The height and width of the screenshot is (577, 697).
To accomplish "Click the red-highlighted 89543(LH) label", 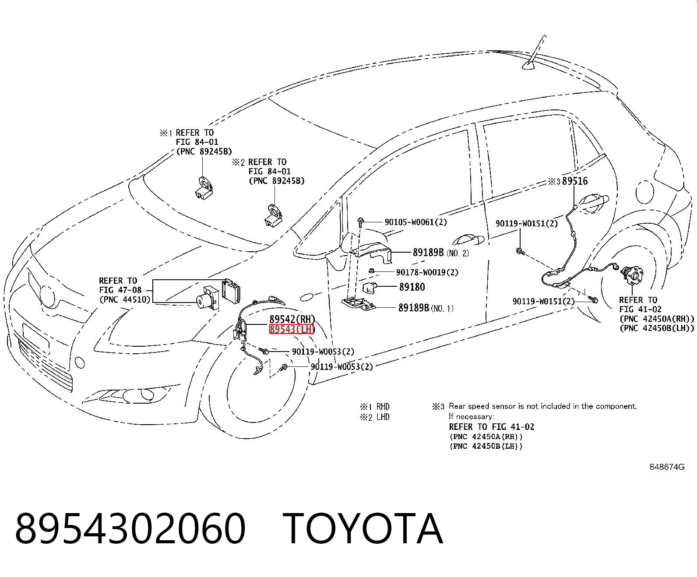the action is (x=292, y=330).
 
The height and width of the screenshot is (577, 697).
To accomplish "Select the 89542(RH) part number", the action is (x=292, y=319).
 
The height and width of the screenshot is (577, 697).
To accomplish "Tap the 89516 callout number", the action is (x=575, y=181).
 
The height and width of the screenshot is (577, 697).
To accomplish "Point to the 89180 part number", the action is (x=412, y=287).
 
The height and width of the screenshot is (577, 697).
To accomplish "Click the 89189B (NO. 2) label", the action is (x=440, y=253).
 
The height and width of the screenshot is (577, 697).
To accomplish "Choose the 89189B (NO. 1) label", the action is (x=426, y=307).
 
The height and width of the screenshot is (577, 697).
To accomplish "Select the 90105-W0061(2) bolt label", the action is (x=415, y=222).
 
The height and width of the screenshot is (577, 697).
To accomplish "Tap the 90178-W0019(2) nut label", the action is (x=427, y=272).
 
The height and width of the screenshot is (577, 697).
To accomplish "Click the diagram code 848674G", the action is (x=667, y=467).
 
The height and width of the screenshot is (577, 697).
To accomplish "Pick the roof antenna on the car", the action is (x=534, y=53).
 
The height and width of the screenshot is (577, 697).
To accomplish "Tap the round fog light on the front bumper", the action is (x=80, y=362).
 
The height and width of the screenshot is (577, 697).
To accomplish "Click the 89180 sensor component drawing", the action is (x=370, y=287).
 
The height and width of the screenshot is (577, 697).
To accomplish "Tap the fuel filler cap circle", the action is (x=644, y=192).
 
